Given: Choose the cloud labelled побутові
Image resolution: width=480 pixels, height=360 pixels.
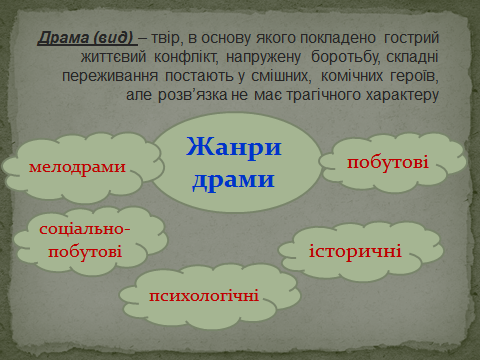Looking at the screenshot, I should pyautogui.click(x=387, y=160).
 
